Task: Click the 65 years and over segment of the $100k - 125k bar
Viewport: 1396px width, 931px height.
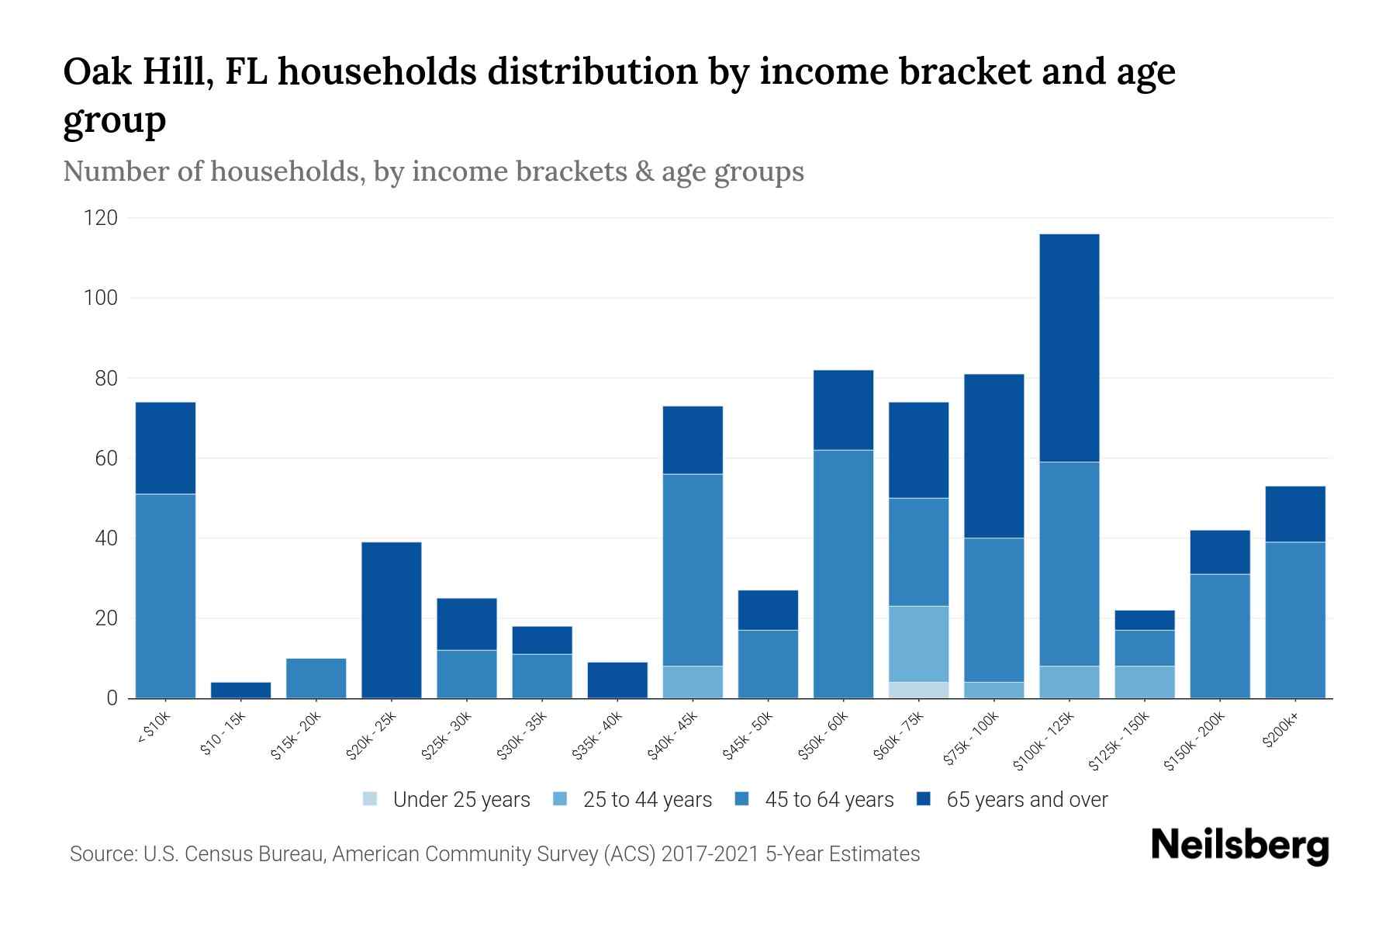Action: coord(1069,348)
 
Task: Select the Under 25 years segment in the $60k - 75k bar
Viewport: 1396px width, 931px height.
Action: coord(918,690)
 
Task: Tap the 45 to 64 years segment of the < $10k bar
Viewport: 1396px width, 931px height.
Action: coord(165,596)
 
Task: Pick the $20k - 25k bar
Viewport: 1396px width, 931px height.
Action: coord(392,620)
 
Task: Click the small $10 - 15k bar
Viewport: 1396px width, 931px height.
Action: coord(240,690)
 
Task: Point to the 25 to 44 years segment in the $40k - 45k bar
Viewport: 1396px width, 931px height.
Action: coord(693,682)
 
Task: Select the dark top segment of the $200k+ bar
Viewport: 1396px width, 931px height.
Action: coord(1294,514)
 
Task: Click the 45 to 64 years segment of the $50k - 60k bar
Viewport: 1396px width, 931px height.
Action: coord(843,574)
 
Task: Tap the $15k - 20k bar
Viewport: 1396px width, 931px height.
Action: coord(316,678)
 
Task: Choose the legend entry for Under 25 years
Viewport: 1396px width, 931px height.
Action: coord(446,799)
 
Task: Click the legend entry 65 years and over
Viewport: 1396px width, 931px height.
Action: coord(1012,799)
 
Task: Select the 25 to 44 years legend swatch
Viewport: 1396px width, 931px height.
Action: coord(560,799)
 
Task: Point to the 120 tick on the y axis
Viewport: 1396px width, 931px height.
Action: coord(101,218)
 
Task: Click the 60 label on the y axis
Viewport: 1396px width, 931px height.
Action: coord(106,459)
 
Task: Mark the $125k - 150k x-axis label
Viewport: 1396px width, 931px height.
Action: coord(1119,742)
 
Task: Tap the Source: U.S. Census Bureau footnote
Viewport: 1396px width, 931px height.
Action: coord(494,854)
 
